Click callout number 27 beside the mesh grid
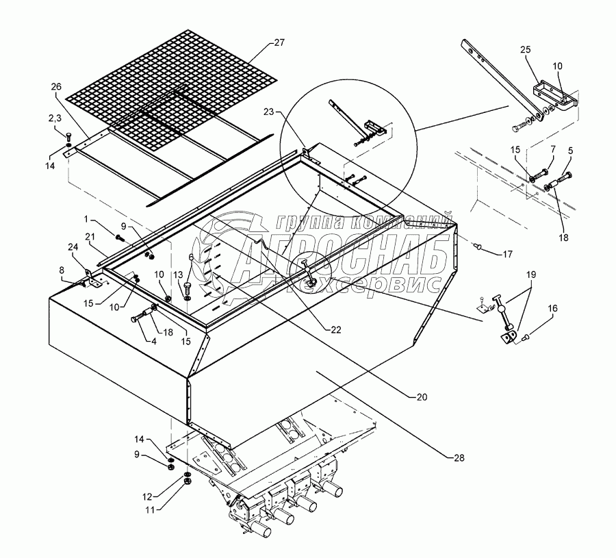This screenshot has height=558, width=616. pyautogui.click(x=279, y=42)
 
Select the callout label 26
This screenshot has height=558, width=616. pyautogui.click(x=56, y=86)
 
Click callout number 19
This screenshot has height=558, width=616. pyautogui.click(x=531, y=274)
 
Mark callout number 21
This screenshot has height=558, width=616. pyautogui.click(x=90, y=236)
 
